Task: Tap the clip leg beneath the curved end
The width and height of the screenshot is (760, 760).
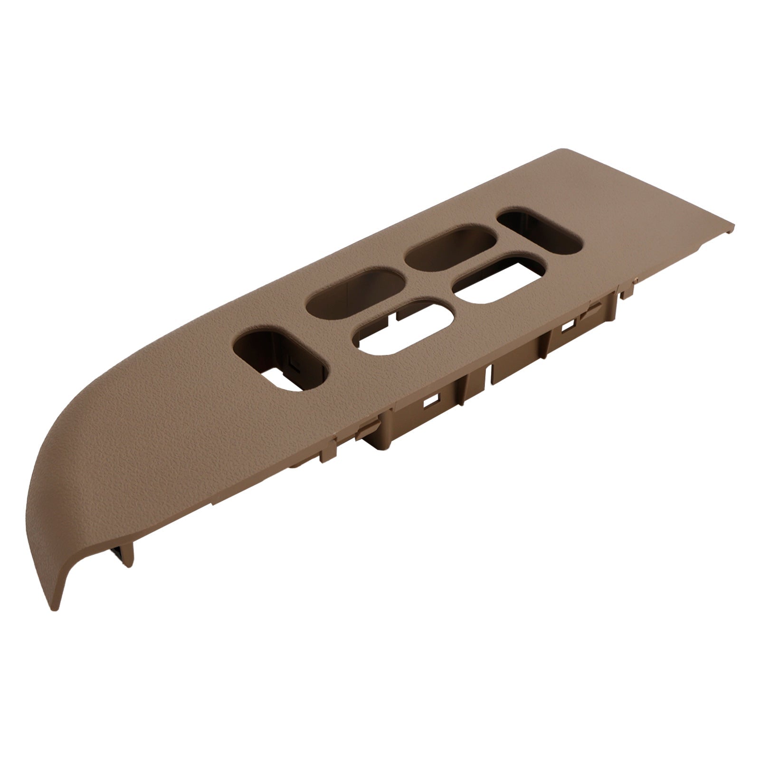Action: pyautogui.click(x=124, y=560)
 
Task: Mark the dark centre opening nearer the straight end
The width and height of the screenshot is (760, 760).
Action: pyautogui.click(x=451, y=247)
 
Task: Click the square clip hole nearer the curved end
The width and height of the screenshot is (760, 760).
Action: pyautogui.click(x=433, y=401)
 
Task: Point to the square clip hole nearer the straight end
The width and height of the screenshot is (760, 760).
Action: pyautogui.click(x=567, y=327)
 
